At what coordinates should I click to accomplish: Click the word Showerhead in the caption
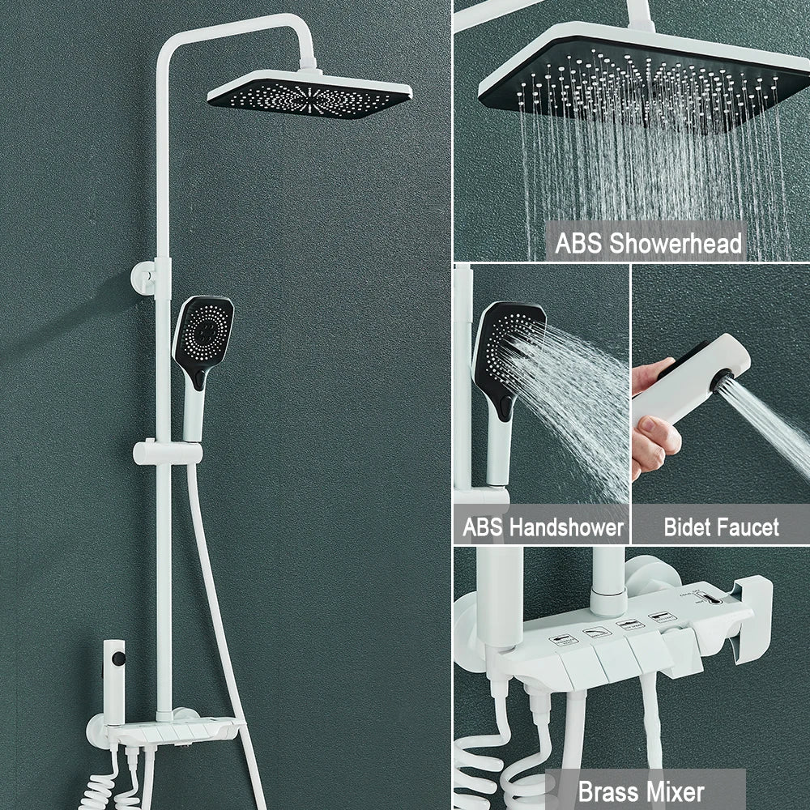click(x=676, y=243)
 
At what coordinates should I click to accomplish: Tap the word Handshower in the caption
click(x=567, y=527)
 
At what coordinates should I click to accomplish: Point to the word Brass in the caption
click(x=605, y=791)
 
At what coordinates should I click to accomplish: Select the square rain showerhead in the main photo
click(x=309, y=95)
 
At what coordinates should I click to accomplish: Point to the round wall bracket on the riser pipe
click(x=143, y=277)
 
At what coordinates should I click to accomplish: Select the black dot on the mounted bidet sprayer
click(x=119, y=659)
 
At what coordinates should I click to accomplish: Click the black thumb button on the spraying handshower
click(x=504, y=406)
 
